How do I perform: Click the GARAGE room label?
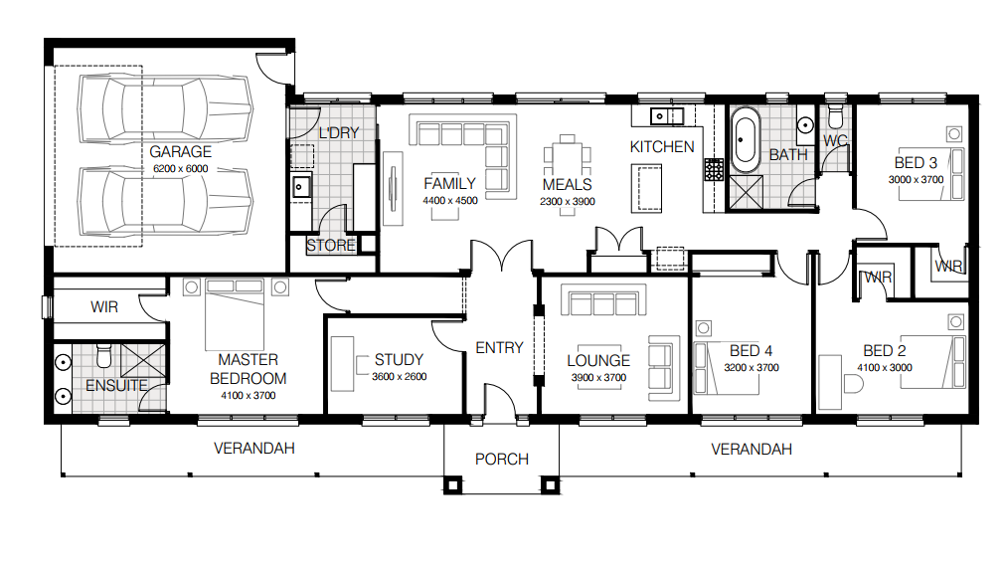click(180, 152)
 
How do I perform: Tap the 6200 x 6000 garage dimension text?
click(180, 169)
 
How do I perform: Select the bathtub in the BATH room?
click(745, 141)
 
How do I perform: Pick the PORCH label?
click(501, 459)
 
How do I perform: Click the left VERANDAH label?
click(254, 449)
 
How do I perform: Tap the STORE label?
click(331, 246)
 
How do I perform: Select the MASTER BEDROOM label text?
click(249, 369)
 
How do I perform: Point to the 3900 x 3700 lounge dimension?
click(597, 378)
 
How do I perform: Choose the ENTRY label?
click(499, 347)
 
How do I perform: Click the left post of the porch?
click(452, 484)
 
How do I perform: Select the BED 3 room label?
click(916, 163)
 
